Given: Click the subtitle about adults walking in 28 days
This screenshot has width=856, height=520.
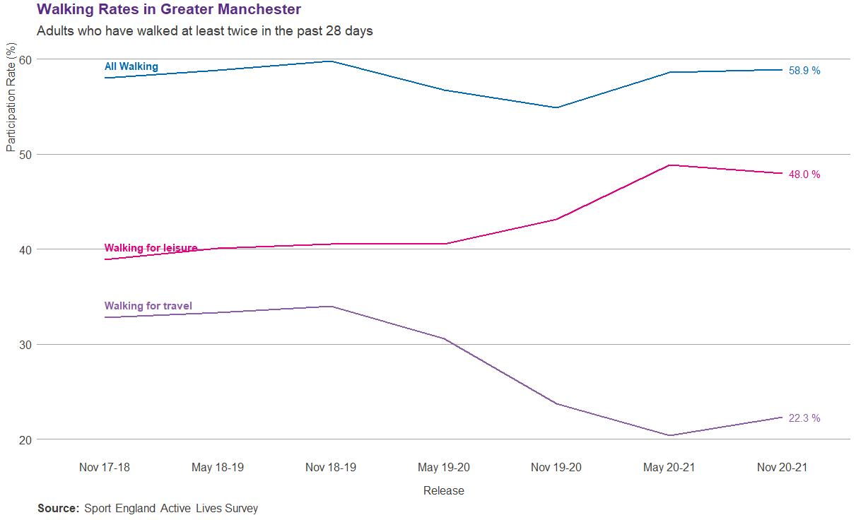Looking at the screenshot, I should point(204,31).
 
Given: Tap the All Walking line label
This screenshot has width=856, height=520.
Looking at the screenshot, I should point(131,66).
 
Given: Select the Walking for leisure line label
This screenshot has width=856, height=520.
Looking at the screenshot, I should point(151,248).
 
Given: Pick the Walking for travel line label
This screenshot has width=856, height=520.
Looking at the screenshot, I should point(148,306).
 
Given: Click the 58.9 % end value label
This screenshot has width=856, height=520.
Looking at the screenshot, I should point(804,71).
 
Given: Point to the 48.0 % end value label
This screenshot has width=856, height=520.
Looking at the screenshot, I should point(804,175).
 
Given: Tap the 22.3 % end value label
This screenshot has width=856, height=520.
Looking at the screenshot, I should point(804,418).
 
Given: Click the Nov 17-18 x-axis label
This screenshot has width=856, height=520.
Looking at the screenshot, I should point(105,467).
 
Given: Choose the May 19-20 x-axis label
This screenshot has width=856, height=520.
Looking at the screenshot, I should point(443,467).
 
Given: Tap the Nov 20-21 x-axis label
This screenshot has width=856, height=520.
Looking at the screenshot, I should point(782,467).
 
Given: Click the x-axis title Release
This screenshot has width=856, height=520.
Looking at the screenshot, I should point(443,490).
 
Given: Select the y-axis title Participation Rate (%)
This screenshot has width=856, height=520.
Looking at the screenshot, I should point(11,97).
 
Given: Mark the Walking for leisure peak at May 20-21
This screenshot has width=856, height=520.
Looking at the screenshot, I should point(669,165).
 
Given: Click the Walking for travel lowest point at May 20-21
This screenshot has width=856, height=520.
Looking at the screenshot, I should point(669,435).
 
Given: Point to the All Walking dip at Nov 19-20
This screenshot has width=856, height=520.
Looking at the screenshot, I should point(556,107).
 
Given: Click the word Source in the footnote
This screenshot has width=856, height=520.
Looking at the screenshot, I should point(58,508).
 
